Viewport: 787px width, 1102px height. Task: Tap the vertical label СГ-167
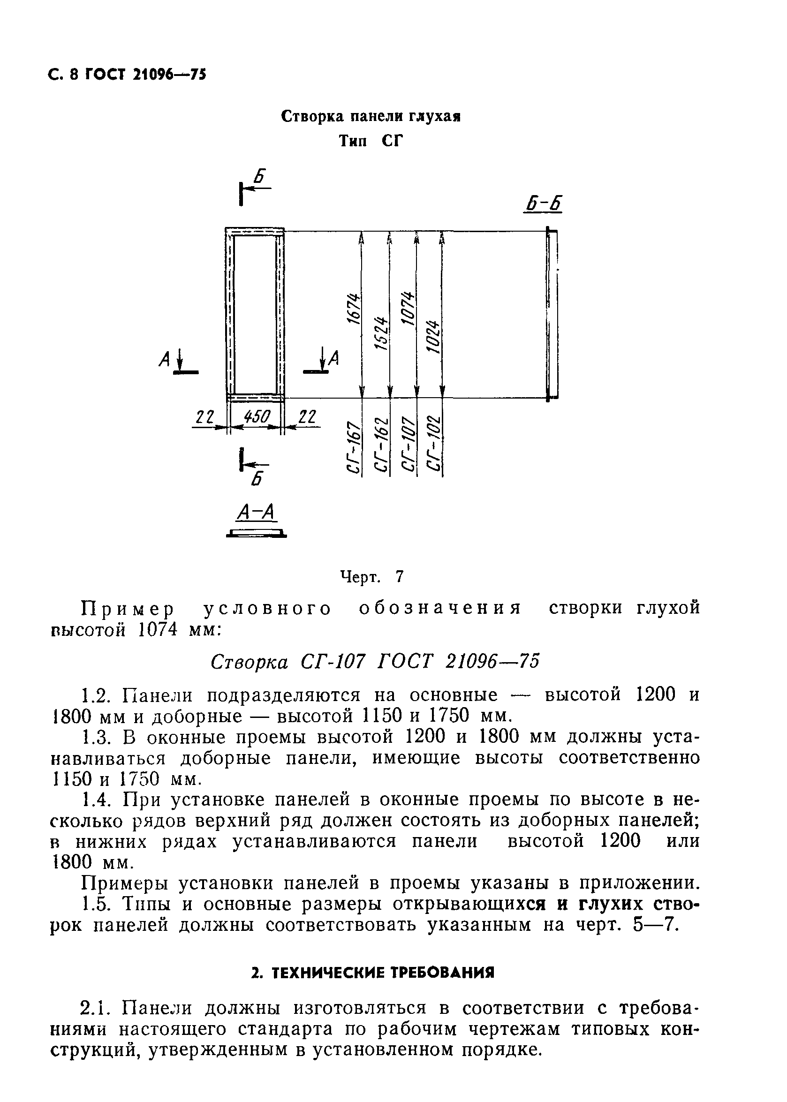[x=355, y=446]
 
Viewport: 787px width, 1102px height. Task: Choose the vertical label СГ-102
[x=435, y=443]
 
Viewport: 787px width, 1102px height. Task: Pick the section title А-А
[x=257, y=512]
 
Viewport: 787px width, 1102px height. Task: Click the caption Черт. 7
[x=372, y=576]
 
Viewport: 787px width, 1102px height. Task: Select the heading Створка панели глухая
[x=371, y=117]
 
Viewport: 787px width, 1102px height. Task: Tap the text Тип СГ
[x=371, y=141]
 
